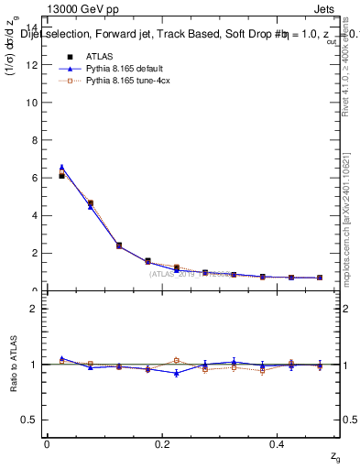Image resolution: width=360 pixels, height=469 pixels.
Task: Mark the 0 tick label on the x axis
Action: point(47,444)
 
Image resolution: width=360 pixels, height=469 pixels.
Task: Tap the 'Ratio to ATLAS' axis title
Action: point(15,364)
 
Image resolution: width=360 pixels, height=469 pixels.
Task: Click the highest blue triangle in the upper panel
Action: point(61,168)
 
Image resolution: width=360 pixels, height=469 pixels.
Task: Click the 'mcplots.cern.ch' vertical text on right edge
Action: point(349,275)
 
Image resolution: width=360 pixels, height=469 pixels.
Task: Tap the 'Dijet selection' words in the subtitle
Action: point(55,35)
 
